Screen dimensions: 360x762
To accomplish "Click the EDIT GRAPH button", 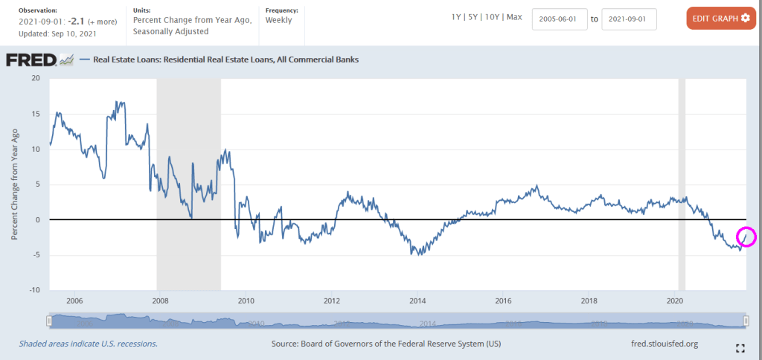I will (720, 18).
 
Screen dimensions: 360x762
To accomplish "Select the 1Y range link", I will (457, 17).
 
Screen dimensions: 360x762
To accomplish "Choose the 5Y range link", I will (474, 17).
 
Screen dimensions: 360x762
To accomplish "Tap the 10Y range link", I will (493, 17).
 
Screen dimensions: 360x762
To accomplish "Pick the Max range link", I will (514, 17).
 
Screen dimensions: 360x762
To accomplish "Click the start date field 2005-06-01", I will (560, 19).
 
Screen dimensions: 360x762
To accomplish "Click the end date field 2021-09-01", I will (629, 19).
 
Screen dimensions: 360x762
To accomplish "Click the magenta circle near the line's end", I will (746, 237).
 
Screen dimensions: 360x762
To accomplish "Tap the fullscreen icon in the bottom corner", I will (740, 348).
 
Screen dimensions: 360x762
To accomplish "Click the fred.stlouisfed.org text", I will (664, 344).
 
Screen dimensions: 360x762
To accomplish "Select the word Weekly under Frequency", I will (279, 20).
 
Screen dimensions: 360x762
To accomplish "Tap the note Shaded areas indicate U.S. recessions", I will (88, 344).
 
